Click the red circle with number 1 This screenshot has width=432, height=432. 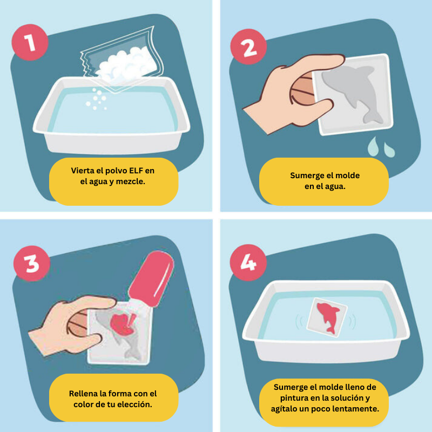coord(30,42)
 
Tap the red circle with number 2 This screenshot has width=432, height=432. coord(248,47)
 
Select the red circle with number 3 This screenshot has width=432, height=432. coord(32,264)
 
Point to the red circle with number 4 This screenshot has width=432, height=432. coord(248,262)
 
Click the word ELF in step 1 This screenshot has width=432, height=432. coord(136,171)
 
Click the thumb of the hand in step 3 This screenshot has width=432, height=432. coord(89,343)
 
